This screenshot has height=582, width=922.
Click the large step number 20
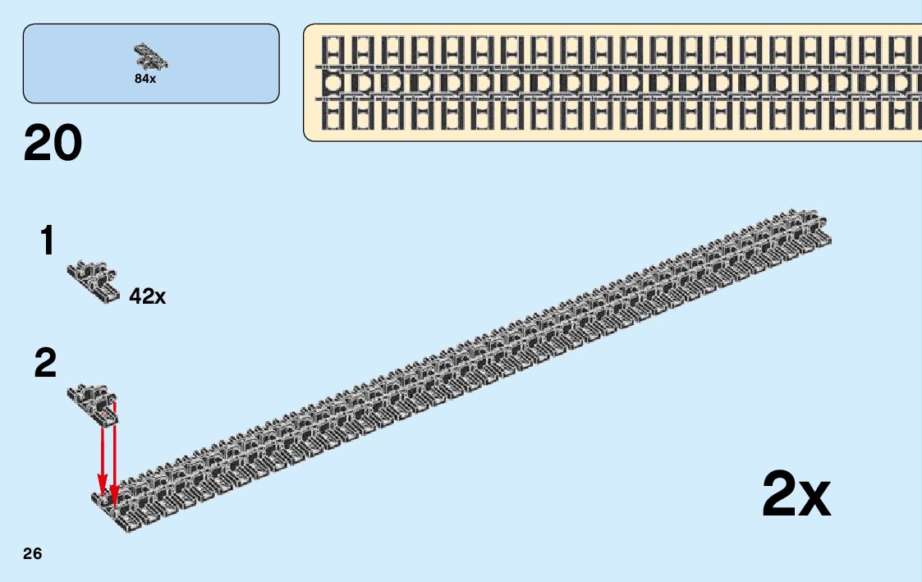tap(53, 143)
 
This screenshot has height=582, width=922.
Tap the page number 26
tap(32, 553)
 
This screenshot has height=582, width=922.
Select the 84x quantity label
tap(145, 80)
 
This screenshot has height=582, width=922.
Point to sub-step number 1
tap(48, 241)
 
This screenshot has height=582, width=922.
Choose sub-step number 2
tap(46, 364)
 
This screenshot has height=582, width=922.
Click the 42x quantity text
tap(148, 296)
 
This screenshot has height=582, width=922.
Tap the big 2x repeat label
tap(796, 494)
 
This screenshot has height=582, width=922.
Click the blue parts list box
tap(151, 63)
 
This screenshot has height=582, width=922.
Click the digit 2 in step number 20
tap(39, 143)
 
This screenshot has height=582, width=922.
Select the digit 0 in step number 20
tap(68, 143)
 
